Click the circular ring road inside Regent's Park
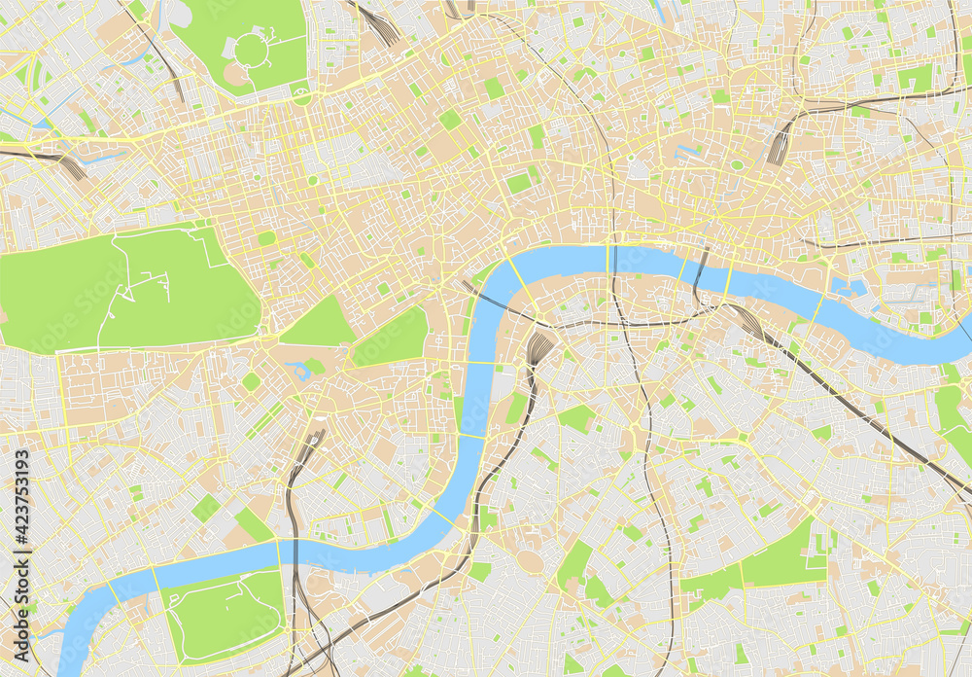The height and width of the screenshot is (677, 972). pos(250,48)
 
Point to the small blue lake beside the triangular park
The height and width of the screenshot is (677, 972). pos(297,369)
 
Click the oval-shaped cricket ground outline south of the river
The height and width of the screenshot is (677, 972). pos(531,562)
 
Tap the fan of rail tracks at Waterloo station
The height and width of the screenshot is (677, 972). pos(538,346)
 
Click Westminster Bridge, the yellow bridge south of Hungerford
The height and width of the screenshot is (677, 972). pos(481,362)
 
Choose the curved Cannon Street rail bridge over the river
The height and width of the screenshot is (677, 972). pos(698,272)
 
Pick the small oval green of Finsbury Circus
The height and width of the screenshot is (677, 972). pos(737,164)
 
